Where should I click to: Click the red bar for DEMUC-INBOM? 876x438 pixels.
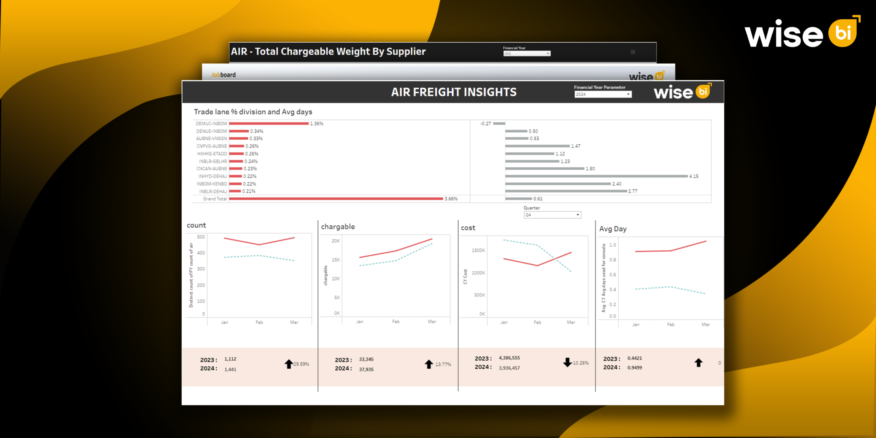[x=269, y=124]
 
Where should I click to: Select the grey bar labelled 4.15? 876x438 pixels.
[x=596, y=176]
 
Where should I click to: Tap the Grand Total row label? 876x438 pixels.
[x=215, y=199]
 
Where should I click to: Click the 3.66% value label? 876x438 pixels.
[x=451, y=199]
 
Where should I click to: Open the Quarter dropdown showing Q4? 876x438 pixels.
[x=552, y=215]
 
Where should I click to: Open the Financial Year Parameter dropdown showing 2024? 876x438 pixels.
[x=603, y=95]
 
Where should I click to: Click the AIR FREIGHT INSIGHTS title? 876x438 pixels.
[x=454, y=92]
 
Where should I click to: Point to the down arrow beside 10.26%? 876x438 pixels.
[x=567, y=362]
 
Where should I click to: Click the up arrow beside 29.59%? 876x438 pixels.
[x=289, y=364]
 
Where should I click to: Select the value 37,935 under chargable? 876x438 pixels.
[x=366, y=370]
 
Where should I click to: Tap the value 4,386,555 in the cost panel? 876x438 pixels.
[x=509, y=358]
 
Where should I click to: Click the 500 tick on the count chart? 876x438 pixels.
[x=201, y=237]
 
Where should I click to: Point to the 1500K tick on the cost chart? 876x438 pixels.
[x=478, y=251]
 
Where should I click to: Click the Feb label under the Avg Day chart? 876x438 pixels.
[x=671, y=325]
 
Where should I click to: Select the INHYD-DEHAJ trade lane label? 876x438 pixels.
[x=212, y=176]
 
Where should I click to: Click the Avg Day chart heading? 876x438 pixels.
[x=613, y=229]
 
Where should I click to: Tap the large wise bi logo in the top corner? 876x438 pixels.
[x=802, y=33]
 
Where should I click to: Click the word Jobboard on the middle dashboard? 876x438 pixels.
[x=223, y=75]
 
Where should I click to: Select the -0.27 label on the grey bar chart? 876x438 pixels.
[x=485, y=124]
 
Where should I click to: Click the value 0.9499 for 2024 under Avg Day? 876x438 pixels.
[x=634, y=368]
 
